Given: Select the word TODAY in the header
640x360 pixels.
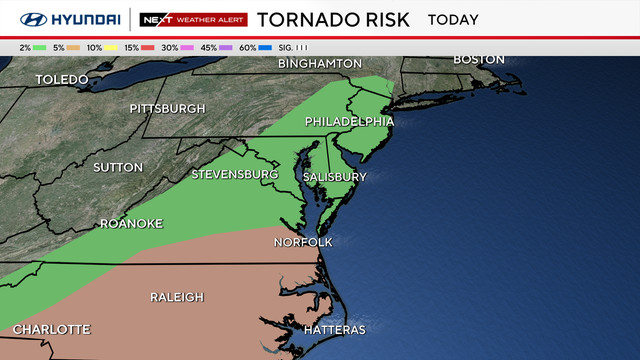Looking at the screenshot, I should [x=453, y=19].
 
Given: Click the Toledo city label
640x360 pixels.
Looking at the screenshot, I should [x=62, y=79].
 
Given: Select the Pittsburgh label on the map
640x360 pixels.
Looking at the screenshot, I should [x=167, y=108].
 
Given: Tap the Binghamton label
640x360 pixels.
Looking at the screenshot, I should [x=320, y=63].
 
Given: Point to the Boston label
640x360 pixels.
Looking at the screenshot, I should [x=479, y=59].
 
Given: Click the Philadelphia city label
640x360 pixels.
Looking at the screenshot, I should [x=349, y=122].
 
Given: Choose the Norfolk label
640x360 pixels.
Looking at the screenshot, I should [x=304, y=242].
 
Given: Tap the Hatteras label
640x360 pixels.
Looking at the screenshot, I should [x=334, y=329].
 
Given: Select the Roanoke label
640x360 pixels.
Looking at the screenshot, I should [x=130, y=224].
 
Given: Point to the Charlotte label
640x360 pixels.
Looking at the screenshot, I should [x=52, y=329].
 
